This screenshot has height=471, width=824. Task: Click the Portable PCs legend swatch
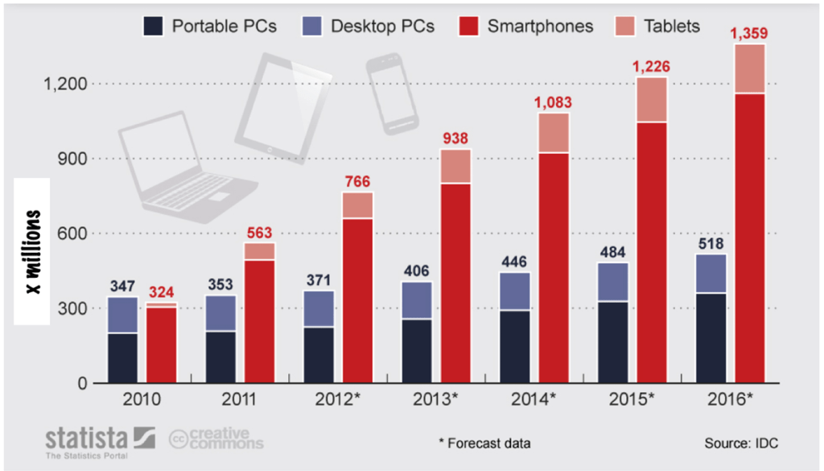(x=154, y=26)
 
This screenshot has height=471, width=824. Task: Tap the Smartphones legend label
(x=540, y=26)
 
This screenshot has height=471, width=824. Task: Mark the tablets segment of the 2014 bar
(x=554, y=133)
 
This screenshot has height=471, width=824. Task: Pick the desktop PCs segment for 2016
(x=711, y=274)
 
